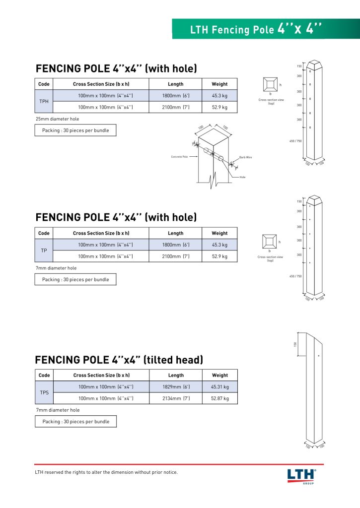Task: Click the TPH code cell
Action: (44, 101)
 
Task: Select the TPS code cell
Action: (44, 392)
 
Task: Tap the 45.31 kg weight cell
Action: (219, 387)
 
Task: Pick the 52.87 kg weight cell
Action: (219, 398)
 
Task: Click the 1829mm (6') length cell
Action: (176, 387)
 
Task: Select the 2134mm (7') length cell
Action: (176, 398)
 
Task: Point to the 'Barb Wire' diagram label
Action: (246, 157)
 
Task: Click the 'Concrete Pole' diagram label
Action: (179, 157)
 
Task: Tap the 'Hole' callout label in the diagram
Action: (242, 177)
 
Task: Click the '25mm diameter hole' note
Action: (57, 119)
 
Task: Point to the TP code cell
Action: (44, 251)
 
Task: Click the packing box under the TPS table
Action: (75, 422)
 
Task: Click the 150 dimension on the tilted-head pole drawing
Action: (295, 344)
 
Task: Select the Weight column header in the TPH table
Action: (219, 84)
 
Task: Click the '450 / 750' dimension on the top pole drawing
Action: (295, 141)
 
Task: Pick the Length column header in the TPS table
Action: (176, 376)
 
